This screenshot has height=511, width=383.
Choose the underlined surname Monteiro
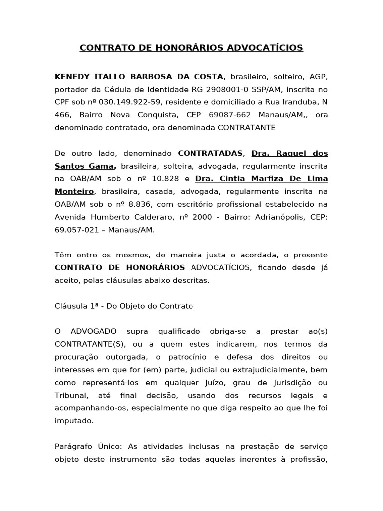point(74,191)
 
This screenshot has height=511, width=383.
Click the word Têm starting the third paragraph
point(63,255)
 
